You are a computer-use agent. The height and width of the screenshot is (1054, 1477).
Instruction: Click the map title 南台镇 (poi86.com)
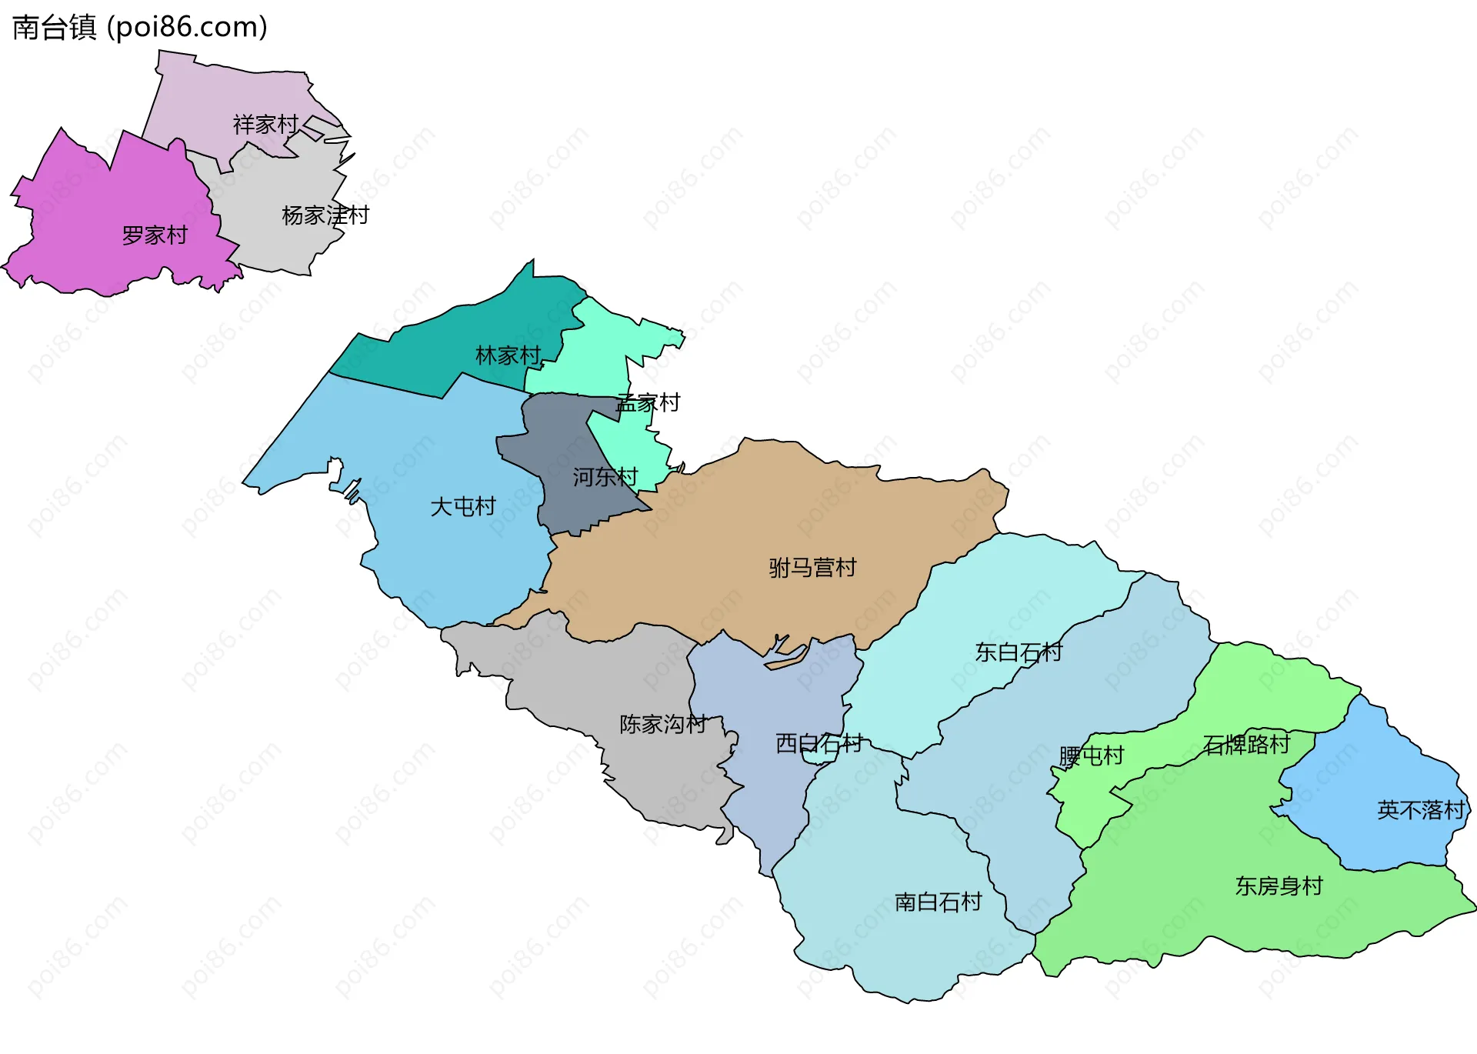pyautogui.click(x=140, y=28)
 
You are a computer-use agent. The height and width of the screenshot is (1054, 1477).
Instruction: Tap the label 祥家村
pyautogui.click(x=265, y=125)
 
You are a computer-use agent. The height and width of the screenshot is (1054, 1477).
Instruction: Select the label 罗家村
pyautogui.click(x=155, y=235)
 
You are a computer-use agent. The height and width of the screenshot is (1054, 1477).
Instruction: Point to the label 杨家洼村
pyautogui.click(x=325, y=215)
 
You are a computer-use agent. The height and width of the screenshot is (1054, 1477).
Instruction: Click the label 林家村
pyautogui.click(x=508, y=355)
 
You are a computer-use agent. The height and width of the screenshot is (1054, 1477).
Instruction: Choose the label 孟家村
pyautogui.click(x=648, y=403)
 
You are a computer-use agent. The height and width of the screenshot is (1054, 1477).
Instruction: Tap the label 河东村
pyautogui.click(x=605, y=477)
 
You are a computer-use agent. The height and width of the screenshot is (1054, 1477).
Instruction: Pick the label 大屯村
pyautogui.click(x=462, y=506)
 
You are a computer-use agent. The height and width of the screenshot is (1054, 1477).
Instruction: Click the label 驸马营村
pyautogui.click(x=812, y=568)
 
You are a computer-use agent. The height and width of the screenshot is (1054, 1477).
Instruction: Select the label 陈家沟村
pyautogui.click(x=662, y=724)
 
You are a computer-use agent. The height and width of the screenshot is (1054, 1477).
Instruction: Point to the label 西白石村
pyautogui.click(x=819, y=743)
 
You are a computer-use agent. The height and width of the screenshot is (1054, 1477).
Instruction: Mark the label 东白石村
pyautogui.click(x=1019, y=652)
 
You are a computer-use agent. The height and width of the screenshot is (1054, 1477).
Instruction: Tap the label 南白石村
pyautogui.click(x=938, y=902)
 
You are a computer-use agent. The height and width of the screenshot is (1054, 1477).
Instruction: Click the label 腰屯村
pyautogui.click(x=1091, y=756)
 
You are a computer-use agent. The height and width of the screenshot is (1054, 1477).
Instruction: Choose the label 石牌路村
pyautogui.click(x=1246, y=745)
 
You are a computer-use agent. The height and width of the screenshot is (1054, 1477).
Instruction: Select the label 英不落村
pyautogui.click(x=1420, y=810)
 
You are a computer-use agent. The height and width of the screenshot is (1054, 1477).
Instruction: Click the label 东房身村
pyautogui.click(x=1279, y=886)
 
